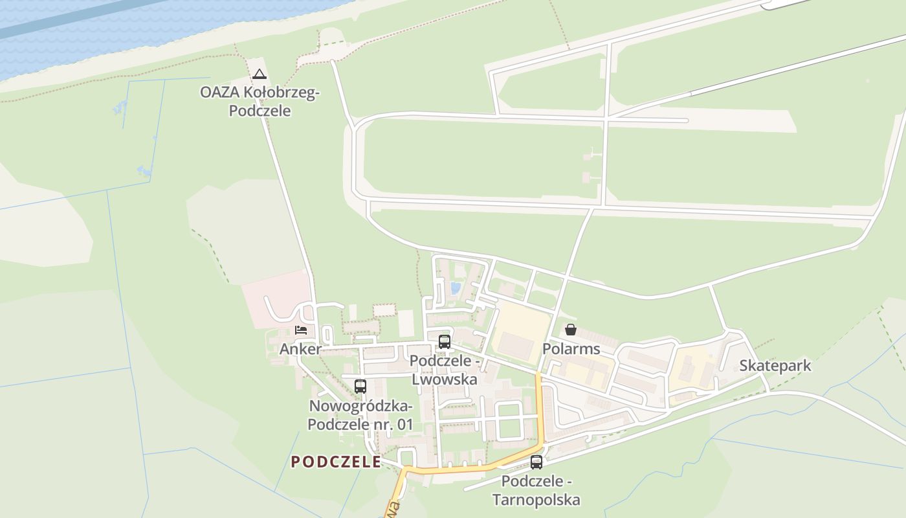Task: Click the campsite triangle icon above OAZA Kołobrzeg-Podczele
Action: (260, 74)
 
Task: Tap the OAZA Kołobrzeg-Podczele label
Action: (260, 102)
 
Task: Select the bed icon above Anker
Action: (301, 330)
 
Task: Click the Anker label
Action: (300, 349)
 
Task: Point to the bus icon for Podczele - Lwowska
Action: (445, 342)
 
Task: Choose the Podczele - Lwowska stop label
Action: (445, 370)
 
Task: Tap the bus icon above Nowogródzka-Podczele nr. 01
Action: (360, 387)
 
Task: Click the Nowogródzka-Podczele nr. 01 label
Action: (360, 416)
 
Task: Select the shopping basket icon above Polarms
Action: (570, 330)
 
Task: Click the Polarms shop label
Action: (571, 349)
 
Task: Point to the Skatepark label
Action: (775, 366)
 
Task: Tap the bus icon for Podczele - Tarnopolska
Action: (536, 462)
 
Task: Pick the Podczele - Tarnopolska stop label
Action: (536, 491)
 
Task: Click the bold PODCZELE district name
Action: (336, 462)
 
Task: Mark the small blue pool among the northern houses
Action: (456, 287)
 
